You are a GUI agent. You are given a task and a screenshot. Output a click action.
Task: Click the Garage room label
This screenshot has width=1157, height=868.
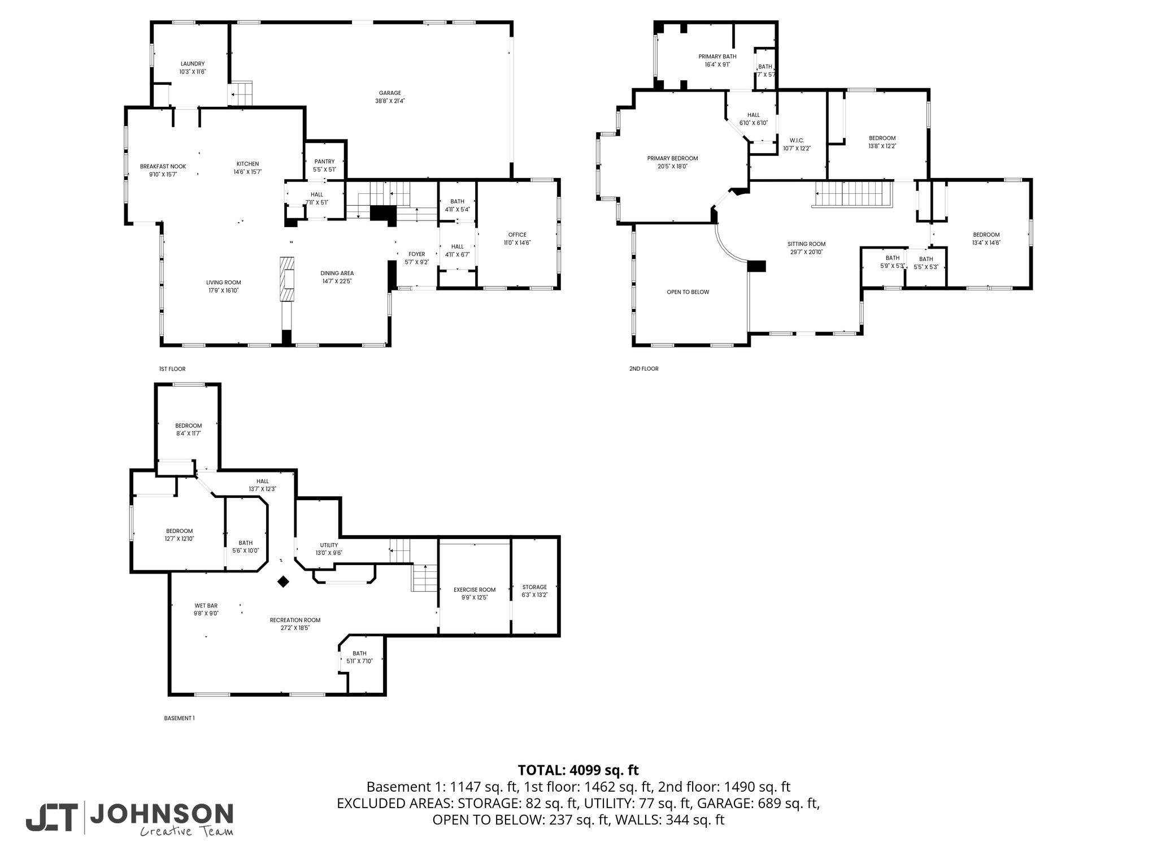coord(390,93)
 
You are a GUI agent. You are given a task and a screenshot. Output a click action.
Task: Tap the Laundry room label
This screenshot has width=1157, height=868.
coord(193,64)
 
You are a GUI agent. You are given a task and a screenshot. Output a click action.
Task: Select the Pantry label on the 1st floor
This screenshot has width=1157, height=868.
coord(325,162)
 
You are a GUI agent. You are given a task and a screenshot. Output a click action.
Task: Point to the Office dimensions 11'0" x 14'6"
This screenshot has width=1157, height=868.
coord(517,242)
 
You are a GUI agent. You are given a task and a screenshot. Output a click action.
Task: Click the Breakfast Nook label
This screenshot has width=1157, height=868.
coord(163,166)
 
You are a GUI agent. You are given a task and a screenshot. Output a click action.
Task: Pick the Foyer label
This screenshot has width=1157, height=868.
coord(417,254)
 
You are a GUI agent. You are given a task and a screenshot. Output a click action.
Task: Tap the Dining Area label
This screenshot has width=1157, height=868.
coord(337,274)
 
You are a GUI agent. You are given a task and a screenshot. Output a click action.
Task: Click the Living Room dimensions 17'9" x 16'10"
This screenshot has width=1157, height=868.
coord(224,290)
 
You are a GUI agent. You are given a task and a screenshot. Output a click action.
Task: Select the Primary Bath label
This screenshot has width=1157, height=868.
coord(717,57)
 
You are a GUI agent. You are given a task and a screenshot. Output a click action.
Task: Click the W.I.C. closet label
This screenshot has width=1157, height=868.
coord(797,140)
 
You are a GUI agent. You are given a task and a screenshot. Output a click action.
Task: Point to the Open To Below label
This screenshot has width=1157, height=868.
coord(688,292)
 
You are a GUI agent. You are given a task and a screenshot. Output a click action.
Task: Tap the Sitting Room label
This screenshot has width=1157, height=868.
coord(807,244)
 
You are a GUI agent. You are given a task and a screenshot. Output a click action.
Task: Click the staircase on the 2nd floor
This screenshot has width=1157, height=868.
coord(852,194)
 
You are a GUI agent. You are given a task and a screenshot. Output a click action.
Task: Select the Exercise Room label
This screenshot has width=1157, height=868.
coord(475,589)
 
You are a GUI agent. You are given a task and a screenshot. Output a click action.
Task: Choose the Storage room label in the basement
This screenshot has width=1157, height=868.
coord(534,587)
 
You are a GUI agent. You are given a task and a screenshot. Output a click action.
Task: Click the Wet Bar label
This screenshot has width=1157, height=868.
coord(206,605)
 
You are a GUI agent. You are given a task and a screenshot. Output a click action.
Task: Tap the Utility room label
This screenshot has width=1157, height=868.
coord(329,545)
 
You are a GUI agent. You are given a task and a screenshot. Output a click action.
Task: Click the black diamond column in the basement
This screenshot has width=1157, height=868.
coord(283,581)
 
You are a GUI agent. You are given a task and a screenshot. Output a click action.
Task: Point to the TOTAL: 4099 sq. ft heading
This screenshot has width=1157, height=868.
coord(578,770)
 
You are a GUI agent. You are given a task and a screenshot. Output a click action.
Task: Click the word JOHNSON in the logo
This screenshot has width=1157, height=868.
coord(162,814)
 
